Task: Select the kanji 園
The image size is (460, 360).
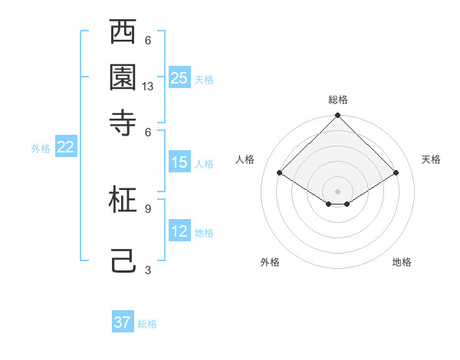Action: click(x=123, y=77)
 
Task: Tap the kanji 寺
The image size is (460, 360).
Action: click(x=123, y=122)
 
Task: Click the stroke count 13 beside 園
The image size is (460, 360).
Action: click(x=148, y=87)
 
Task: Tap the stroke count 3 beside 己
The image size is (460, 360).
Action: click(x=148, y=270)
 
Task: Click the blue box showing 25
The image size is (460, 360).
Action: click(x=179, y=77)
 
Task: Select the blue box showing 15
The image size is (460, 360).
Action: click(x=179, y=162)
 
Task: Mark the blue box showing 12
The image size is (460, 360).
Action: click(x=179, y=231)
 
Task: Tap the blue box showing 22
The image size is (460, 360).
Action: click(x=65, y=148)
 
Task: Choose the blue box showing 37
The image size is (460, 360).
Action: click(x=123, y=322)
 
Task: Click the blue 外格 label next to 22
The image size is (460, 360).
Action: click(x=40, y=149)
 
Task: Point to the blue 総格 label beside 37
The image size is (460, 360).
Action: click(x=147, y=324)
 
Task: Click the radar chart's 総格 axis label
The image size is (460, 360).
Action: click(x=338, y=100)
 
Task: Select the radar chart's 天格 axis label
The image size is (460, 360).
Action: click(x=431, y=159)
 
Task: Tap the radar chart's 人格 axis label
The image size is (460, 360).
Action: click(x=245, y=159)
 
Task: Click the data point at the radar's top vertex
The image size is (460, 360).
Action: click(x=338, y=116)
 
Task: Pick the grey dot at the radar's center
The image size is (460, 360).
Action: click(x=338, y=191)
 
